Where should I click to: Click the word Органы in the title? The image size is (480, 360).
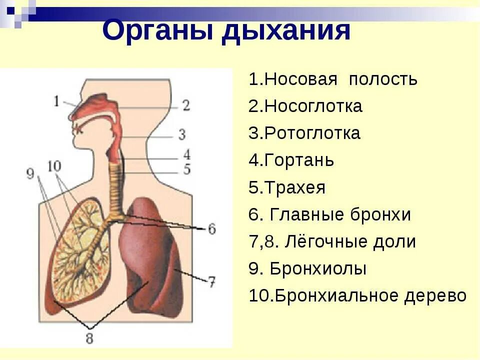[x=157, y=31]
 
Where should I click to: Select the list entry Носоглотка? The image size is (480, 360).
[x=313, y=106]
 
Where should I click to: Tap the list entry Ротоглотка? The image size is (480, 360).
[x=312, y=133]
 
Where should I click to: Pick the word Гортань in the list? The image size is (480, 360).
[x=299, y=160]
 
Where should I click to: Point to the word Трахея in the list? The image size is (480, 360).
[x=294, y=188]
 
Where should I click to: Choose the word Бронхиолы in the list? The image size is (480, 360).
[x=318, y=269]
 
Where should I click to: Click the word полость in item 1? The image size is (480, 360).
[x=383, y=79]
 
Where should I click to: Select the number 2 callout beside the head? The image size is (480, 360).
[x=185, y=105]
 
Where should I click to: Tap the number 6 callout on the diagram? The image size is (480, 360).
[x=211, y=229]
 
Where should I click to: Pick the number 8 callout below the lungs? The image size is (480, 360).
[x=89, y=338]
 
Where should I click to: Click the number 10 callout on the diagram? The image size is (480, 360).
[x=55, y=165]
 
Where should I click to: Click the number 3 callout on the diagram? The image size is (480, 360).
[x=182, y=134]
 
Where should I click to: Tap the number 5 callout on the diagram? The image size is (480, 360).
[x=186, y=169]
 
